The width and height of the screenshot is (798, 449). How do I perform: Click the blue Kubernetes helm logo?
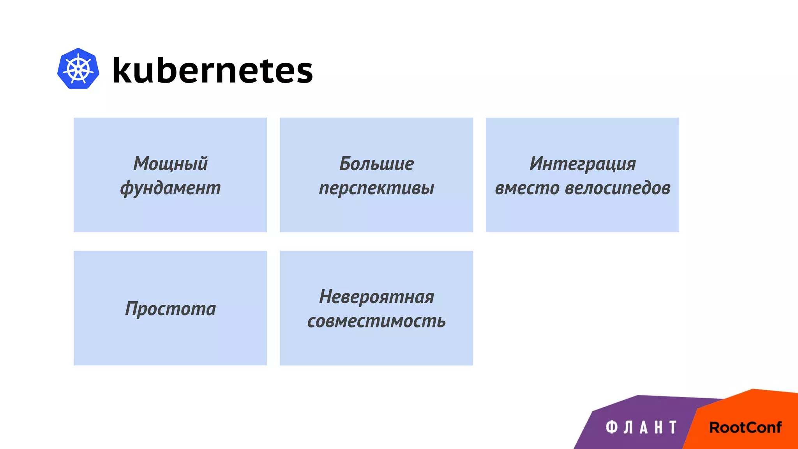click(78, 69)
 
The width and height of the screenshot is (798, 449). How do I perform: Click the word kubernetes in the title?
click(212, 71)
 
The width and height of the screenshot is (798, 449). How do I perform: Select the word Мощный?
click(170, 163)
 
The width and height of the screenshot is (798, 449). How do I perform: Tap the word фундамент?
click(170, 188)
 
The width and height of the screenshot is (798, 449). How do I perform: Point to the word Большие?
click(376, 163)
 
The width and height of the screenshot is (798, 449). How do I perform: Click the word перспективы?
click(376, 188)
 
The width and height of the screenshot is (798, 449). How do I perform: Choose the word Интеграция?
click(583, 163)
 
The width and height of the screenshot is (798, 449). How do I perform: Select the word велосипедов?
click(618, 188)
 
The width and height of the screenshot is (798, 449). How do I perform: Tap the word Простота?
click(170, 309)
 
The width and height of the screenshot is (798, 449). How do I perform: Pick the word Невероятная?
click(376, 297)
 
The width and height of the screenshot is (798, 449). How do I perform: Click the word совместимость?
click(376, 321)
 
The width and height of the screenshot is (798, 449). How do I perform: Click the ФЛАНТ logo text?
click(641, 427)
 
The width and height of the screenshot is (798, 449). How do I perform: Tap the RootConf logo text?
click(745, 428)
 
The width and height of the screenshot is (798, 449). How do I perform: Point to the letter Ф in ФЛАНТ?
click(611, 427)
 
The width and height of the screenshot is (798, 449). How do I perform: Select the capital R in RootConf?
click(715, 428)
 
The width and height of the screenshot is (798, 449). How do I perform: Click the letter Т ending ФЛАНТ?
click(673, 427)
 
